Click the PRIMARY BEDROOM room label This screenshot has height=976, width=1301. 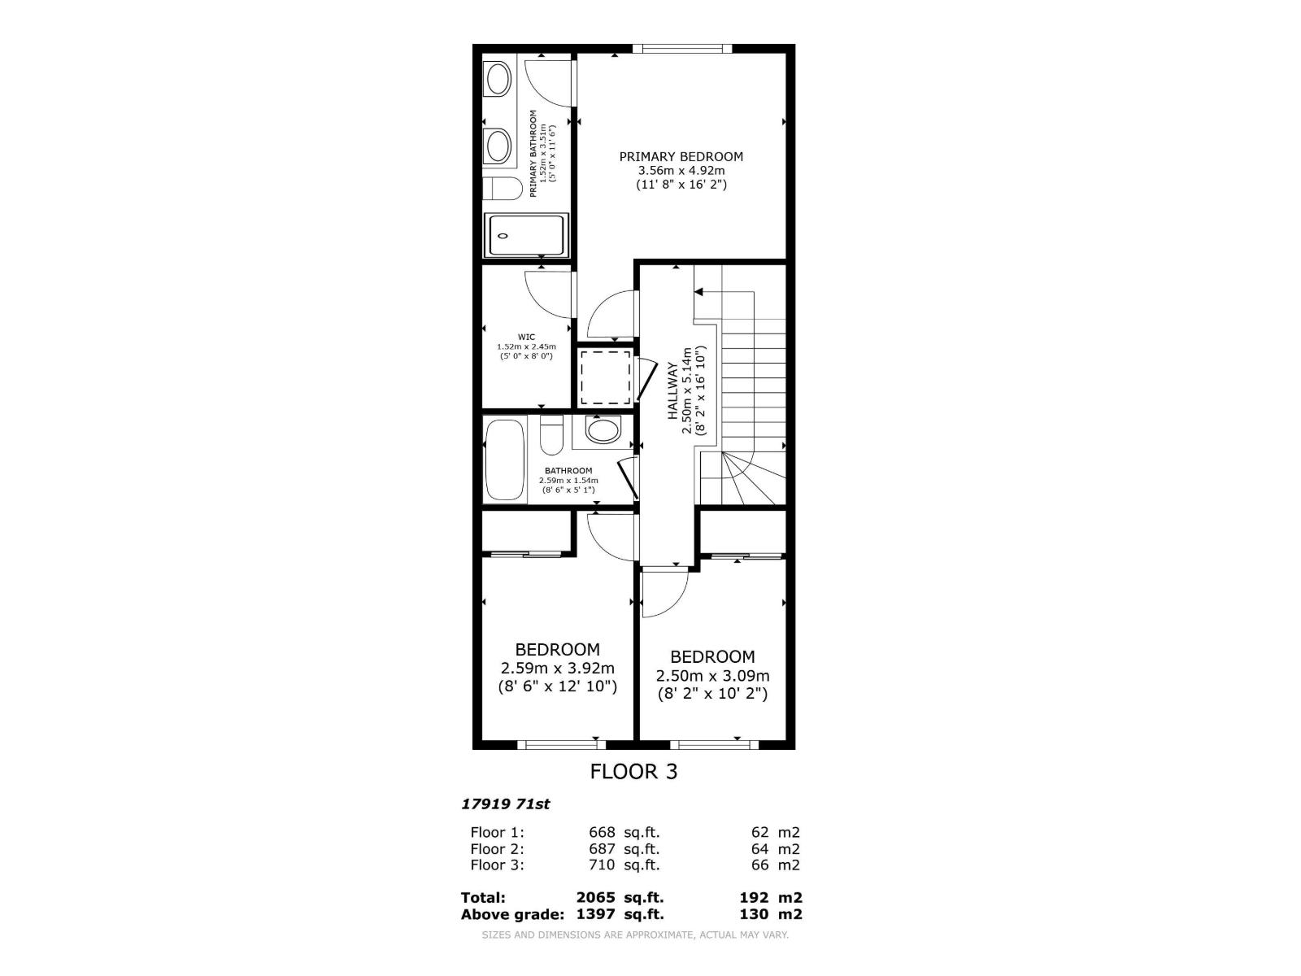click(681, 157)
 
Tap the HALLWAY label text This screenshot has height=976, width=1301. click(672, 391)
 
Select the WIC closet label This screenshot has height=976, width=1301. click(526, 337)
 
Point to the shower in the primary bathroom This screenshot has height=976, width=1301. click(525, 236)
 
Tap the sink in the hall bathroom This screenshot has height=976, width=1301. click(603, 430)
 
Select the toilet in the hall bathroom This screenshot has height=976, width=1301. click(551, 436)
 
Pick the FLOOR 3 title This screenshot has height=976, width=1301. click(633, 771)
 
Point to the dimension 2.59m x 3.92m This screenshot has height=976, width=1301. click(557, 668)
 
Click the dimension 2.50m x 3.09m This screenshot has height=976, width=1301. click(712, 675)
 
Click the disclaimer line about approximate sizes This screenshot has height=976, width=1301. click(635, 935)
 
